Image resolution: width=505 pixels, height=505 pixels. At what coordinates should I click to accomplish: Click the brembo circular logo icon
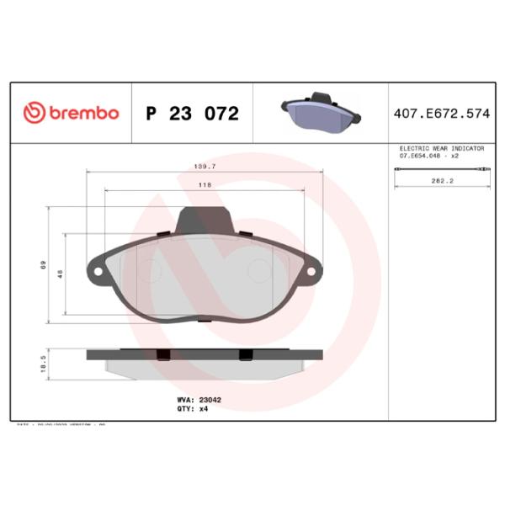point(33,113)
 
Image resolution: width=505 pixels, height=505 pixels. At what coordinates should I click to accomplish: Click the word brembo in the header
point(82,113)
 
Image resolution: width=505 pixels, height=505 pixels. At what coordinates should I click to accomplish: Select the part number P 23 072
point(192,114)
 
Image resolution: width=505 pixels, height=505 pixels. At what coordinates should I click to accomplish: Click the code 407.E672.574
point(440,113)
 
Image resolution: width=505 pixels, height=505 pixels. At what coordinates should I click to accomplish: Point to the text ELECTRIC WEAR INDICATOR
point(441,148)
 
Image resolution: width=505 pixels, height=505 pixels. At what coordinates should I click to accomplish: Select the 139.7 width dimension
point(205,167)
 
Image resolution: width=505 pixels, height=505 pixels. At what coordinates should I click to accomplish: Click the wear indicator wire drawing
point(441,171)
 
